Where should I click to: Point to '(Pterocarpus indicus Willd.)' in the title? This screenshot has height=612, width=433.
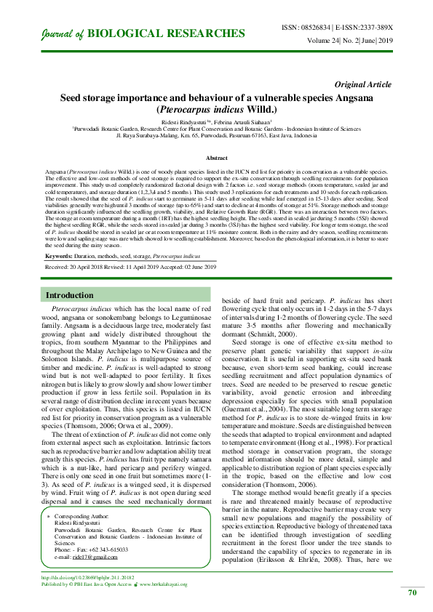(216, 108)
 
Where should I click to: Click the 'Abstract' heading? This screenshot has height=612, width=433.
(216, 158)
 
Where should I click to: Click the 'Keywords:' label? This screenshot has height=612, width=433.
(63, 257)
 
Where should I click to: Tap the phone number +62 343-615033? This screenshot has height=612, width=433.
(100, 550)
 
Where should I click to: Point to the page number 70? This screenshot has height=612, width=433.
(412, 593)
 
